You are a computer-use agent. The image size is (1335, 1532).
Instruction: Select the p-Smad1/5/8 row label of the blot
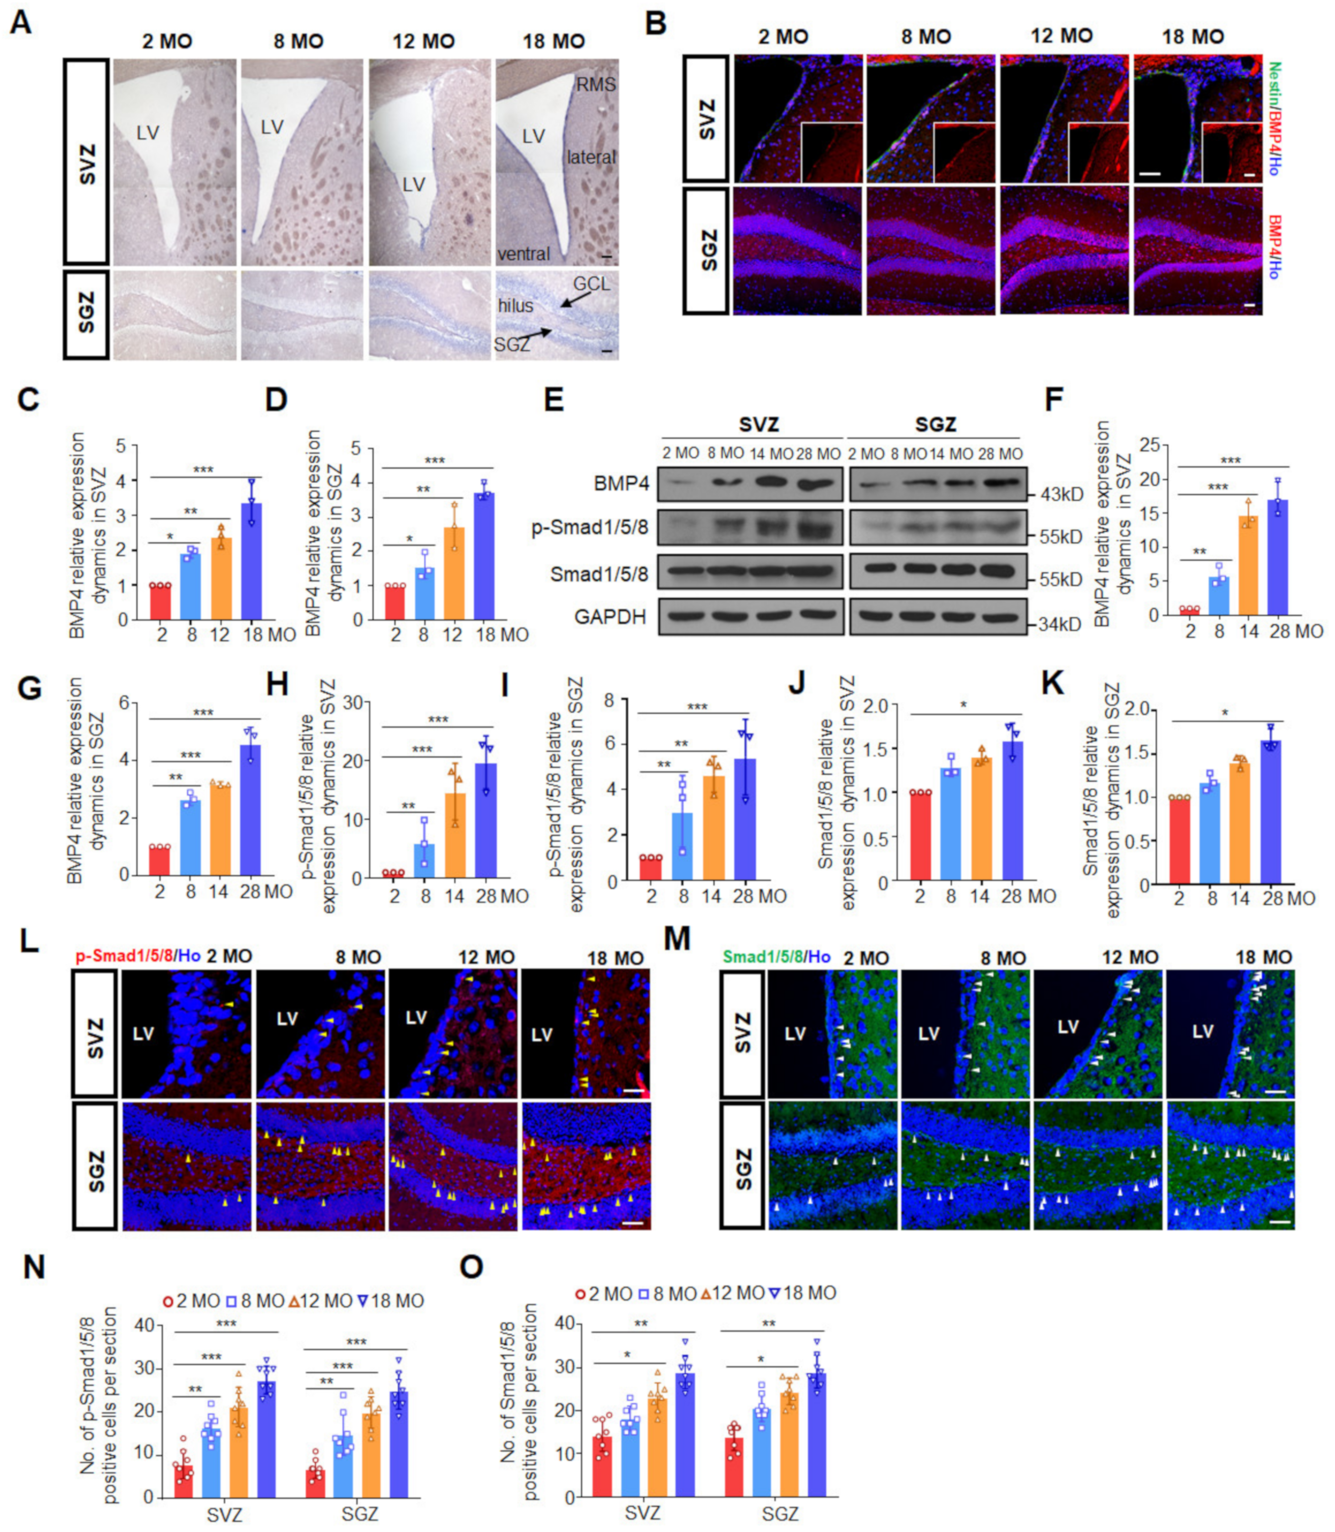point(589,528)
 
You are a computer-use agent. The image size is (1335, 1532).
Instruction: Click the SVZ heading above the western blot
point(759,424)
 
